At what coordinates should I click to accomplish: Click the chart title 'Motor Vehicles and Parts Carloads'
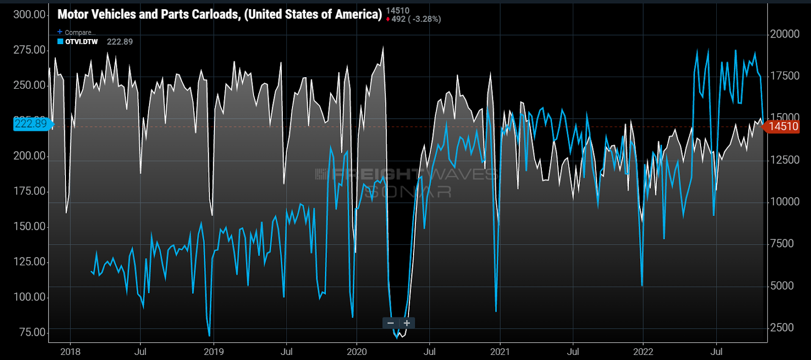point(219,14)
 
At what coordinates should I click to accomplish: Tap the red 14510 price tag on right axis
point(783,127)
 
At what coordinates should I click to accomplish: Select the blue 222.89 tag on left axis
point(31,123)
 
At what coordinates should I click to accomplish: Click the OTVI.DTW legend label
point(81,42)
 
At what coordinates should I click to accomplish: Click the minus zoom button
point(390,323)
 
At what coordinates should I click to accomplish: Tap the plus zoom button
point(407,323)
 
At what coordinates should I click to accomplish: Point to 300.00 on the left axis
point(29,14)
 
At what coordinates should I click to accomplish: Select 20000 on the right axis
point(785,34)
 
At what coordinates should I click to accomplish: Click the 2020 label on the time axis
point(356,352)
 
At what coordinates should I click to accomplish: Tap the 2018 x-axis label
point(70,352)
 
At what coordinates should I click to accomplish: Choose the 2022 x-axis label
point(643,352)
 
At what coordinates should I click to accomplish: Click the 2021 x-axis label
point(500,352)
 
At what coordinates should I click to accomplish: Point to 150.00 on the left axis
point(29,226)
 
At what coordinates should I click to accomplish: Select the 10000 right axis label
point(785,202)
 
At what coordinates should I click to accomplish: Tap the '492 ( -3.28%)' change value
point(416,19)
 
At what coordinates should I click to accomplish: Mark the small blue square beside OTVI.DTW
point(60,42)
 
